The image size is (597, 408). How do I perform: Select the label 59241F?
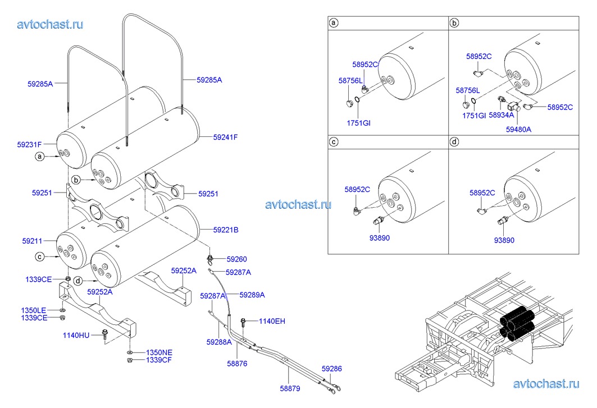[x=226, y=136]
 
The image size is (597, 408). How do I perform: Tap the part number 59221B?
[x=226, y=230]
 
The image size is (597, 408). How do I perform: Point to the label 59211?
[x=33, y=241]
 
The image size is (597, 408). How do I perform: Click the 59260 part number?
[x=236, y=259]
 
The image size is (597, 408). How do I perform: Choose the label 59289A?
[x=252, y=295]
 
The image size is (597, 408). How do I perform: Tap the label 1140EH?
[x=272, y=322]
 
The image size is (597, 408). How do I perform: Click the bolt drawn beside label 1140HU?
[x=106, y=336]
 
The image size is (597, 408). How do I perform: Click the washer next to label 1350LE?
[x=62, y=309]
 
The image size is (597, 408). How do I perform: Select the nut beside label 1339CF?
[x=130, y=360]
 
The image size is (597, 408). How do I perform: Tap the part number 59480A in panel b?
[x=518, y=129]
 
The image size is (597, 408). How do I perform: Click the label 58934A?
[x=501, y=115]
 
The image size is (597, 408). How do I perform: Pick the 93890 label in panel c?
[x=379, y=238]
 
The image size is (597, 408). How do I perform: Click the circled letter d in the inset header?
[x=455, y=142]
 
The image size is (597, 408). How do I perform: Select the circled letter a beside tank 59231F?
[x=39, y=157]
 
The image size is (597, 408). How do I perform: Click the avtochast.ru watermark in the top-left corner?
[x=50, y=24]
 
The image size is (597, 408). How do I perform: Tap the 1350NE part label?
[x=159, y=352]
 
